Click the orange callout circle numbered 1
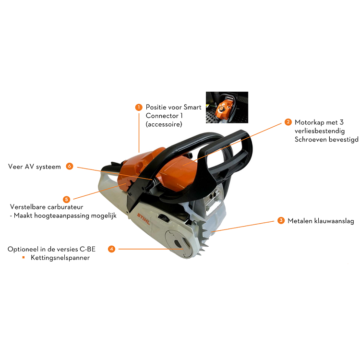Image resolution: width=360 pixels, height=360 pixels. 139,107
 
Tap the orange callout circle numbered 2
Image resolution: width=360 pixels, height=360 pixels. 288,122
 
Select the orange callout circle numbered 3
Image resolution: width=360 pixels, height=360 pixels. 281,221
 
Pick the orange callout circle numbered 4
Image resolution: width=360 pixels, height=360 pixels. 111,249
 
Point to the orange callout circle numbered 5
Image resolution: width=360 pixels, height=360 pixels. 67,199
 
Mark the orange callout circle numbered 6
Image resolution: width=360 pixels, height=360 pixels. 70,166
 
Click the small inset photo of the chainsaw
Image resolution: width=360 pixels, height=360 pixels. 227,107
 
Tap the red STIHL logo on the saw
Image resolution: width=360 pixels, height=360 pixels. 144,219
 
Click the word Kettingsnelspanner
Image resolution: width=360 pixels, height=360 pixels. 60,258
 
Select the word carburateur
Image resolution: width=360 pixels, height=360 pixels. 65,207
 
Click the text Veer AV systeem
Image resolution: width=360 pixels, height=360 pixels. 35,167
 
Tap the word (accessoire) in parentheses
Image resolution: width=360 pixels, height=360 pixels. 164,124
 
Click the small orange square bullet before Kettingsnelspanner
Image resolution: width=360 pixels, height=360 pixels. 24,257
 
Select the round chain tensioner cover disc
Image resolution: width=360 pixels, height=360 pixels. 178,243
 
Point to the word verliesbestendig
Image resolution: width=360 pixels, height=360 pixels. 320,131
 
